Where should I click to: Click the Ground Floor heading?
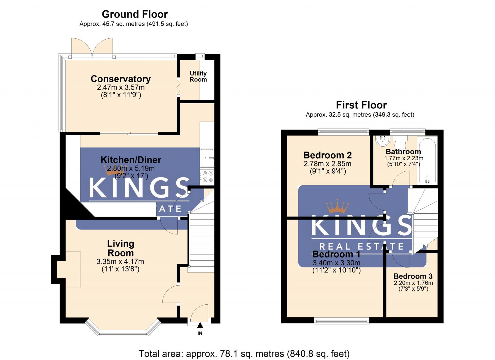[135, 14]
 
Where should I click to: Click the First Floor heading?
[361, 105]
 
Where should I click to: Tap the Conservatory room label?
[121, 79]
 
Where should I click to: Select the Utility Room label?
[198, 76]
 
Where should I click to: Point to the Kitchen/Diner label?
[131, 160]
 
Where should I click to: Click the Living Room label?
[121, 248]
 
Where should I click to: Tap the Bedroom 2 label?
[327, 155]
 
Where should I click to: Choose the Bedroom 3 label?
[413, 276]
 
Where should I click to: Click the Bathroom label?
[403, 152]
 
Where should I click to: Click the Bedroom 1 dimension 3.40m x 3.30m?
[336, 263]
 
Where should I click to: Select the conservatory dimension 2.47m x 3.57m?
[121, 88]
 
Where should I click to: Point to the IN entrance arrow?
[200, 325]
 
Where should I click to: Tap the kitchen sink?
[207, 158]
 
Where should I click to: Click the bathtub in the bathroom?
[427, 161]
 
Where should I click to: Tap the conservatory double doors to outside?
[92, 48]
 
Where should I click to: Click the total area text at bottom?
[244, 354]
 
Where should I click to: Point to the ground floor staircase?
[201, 241]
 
